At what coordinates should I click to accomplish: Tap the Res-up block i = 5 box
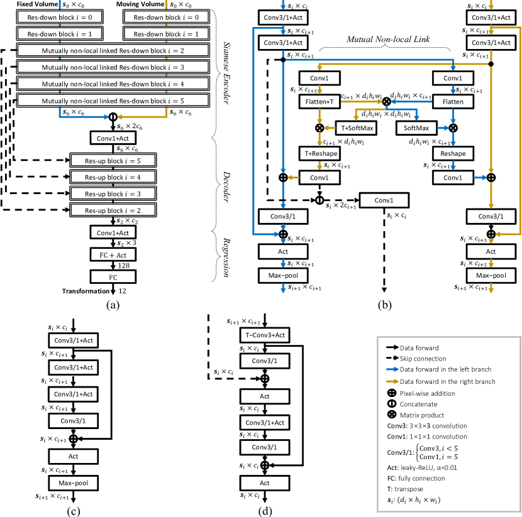point(113,160)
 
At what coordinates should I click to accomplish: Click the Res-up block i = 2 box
point(113,209)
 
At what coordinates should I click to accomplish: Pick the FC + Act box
point(113,255)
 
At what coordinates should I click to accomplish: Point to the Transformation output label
point(85,291)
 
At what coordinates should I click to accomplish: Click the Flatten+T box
point(319,101)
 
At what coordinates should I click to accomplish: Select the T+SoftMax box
point(357,127)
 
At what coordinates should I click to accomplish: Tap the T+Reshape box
point(319,153)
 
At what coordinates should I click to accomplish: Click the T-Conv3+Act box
point(264,334)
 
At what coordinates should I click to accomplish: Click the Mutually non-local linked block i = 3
point(113,66)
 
